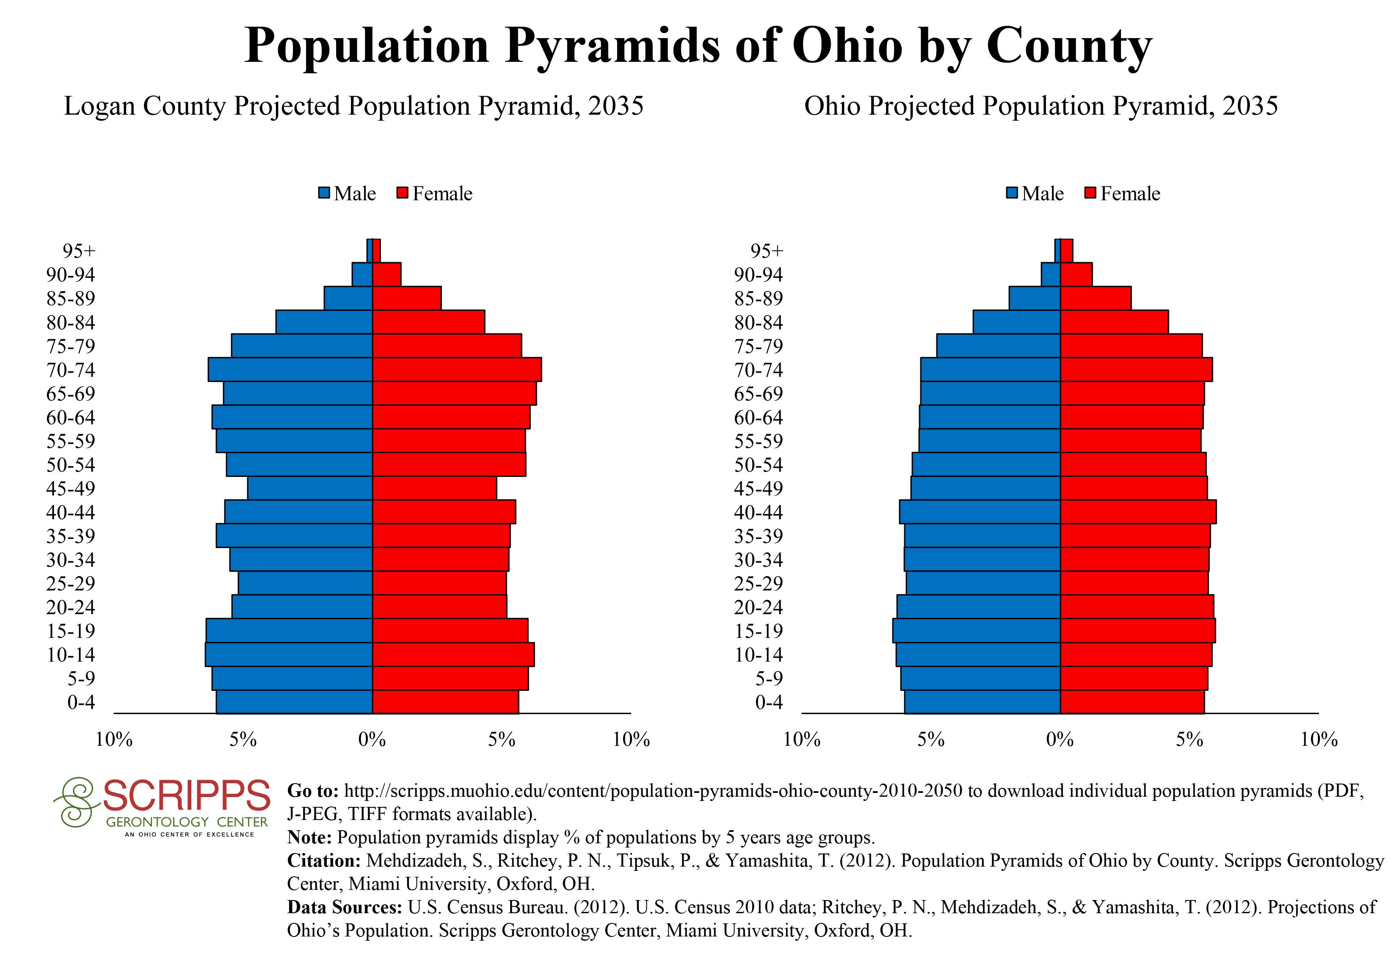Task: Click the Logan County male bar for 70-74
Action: point(290,369)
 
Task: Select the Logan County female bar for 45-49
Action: point(434,488)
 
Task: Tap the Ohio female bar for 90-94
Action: point(1076,274)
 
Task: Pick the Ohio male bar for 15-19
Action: point(976,631)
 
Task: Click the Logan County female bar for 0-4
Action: point(445,702)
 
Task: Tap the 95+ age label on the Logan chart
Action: point(79,251)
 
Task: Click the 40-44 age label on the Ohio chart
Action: point(758,512)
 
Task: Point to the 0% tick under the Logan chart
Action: point(372,740)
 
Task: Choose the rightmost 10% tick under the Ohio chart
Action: point(1319,740)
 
